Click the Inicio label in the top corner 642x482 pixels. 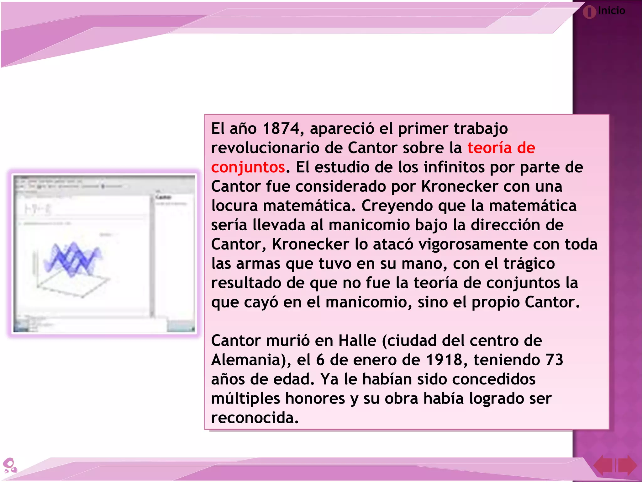click(x=611, y=11)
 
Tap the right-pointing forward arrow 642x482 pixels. click(x=627, y=465)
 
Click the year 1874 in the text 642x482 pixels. click(x=281, y=129)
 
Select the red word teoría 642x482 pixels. click(x=489, y=148)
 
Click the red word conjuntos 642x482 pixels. click(x=248, y=167)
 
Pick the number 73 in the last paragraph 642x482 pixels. click(x=554, y=360)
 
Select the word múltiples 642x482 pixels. click(x=245, y=399)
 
